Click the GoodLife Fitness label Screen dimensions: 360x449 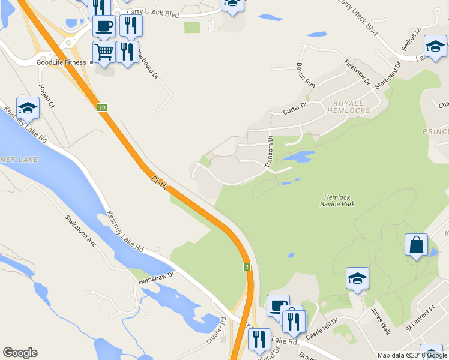point(62,62)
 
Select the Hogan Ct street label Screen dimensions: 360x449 point(46,96)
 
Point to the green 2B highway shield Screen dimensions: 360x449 point(102,107)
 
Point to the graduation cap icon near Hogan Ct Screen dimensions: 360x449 point(28,107)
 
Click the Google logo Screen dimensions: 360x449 point(20,353)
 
